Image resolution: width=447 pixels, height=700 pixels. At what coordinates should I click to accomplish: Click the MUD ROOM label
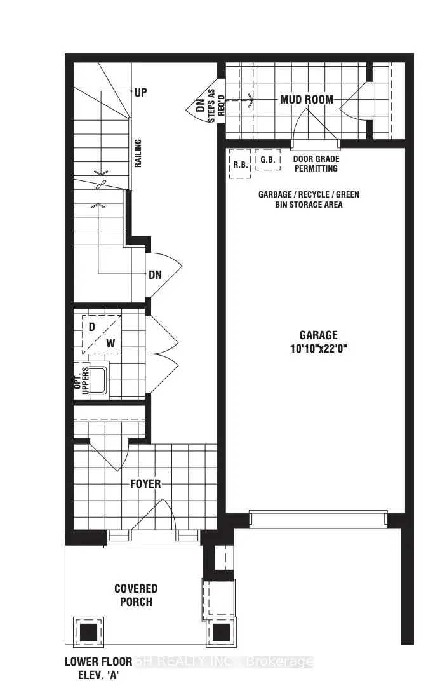(x=307, y=99)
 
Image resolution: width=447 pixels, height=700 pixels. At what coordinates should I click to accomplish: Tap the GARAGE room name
(x=319, y=335)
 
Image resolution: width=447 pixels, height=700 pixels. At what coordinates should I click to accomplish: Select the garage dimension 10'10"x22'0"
(x=319, y=348)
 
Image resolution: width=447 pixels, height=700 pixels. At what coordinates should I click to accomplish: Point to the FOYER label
(x=145, y=484)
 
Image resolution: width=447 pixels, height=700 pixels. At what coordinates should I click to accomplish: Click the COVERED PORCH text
(x=136, y=595)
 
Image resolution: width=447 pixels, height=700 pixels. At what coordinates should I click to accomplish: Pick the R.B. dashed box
(x=240, y=164)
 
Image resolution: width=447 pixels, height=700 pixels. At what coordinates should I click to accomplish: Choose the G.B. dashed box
(x=268, y=159)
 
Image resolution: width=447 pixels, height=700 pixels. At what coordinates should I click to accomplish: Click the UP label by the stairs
(x=140, y=93)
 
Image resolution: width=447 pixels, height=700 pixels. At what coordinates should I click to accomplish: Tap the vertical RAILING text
(x=138, y=153)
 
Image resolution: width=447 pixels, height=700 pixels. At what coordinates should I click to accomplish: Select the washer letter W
(x=110, y=343)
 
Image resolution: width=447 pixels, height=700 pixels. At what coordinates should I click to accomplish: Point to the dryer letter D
(x=92, y=326)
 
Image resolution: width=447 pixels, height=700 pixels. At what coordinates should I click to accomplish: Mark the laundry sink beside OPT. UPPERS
(x=98, y=380)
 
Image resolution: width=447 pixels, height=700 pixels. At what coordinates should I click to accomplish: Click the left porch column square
(x=88, y=632)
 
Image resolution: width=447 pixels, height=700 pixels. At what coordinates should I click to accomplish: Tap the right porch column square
(x=221, y=632)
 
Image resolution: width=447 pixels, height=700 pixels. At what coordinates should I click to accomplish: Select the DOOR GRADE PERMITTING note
(x=316, y=164)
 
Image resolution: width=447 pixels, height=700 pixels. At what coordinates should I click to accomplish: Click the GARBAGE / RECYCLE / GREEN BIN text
(x=309, y=199)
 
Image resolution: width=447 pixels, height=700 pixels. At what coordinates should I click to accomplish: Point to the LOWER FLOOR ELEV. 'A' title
(x=98, y=668)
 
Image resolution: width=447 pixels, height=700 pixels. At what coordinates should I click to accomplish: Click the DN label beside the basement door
(x=156, y=274)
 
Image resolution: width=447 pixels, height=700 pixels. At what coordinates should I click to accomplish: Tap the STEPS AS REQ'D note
(x=217, y=105)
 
